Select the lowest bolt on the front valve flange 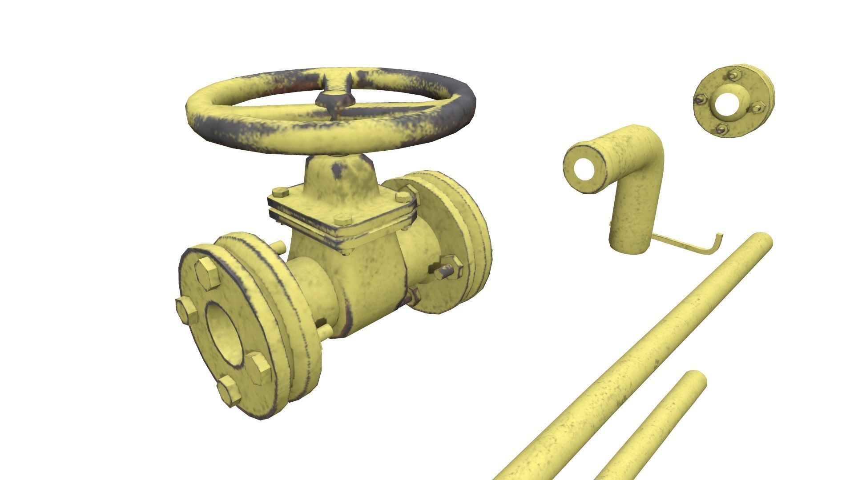click(230, 390)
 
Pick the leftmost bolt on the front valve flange click(186, 310)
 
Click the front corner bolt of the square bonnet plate click(343, 219)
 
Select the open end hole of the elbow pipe click(584, 169)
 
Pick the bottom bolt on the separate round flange click(722, 129)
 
